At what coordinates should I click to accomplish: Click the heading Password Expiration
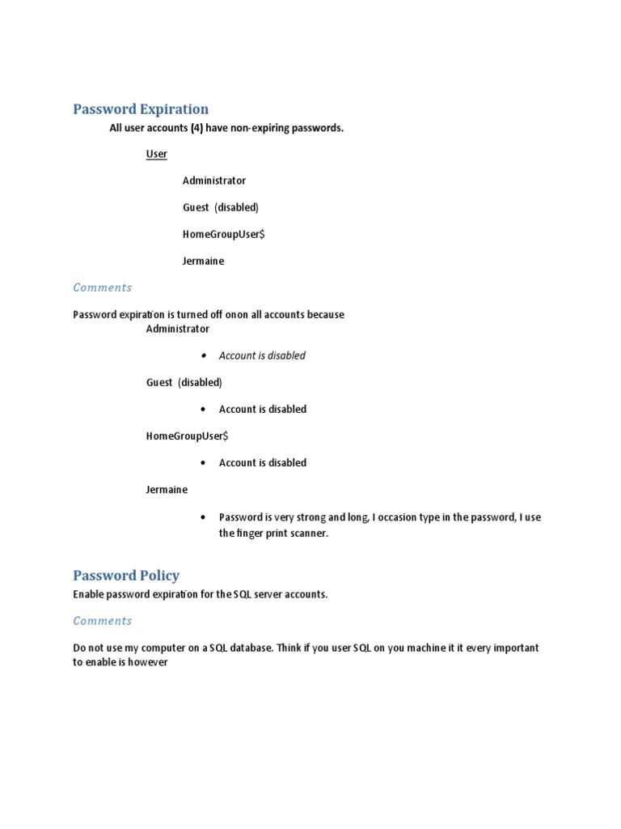(141, 109)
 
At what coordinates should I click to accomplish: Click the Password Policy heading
(126, 576)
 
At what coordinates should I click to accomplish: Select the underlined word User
(156, 154)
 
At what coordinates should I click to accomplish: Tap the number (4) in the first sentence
(196, 128)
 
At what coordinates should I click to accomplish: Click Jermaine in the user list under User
(203, 261)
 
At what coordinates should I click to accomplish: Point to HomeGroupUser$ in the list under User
(223, 235)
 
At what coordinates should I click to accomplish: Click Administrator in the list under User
(213, 181)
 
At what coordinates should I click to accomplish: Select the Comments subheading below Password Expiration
(102, 287)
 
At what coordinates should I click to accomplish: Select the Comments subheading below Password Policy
(102, 621)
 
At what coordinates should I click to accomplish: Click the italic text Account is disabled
(262, 355)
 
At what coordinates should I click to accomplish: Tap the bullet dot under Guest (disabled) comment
(202, 410)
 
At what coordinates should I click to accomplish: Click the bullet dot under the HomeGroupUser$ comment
(202, 463)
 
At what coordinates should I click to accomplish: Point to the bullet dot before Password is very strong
(202, 517)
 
